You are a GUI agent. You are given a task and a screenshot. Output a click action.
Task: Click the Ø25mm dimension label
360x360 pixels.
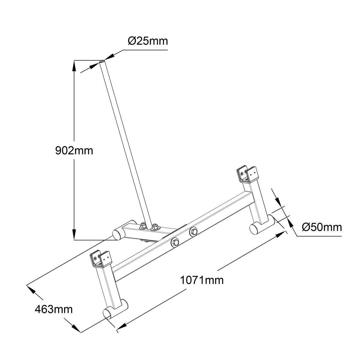tap(148, 41)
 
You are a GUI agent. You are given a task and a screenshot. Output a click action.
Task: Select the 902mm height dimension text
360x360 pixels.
tap(74, 151)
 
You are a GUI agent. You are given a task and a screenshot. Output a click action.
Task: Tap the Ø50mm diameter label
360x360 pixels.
tap(322, 227)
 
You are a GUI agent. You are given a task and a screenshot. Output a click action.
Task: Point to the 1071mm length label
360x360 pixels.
tap(202, 280)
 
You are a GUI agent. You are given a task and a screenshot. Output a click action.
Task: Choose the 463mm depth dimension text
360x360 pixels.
tap(54, 309)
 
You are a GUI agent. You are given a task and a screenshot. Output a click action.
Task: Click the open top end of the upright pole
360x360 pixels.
tap(102, 61)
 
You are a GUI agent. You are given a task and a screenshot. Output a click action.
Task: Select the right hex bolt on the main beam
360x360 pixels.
tap(193, 231)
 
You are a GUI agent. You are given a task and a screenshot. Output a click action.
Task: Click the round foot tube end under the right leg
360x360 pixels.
tap(254, 228)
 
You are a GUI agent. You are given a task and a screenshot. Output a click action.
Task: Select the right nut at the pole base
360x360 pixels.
tap(155, 226)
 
